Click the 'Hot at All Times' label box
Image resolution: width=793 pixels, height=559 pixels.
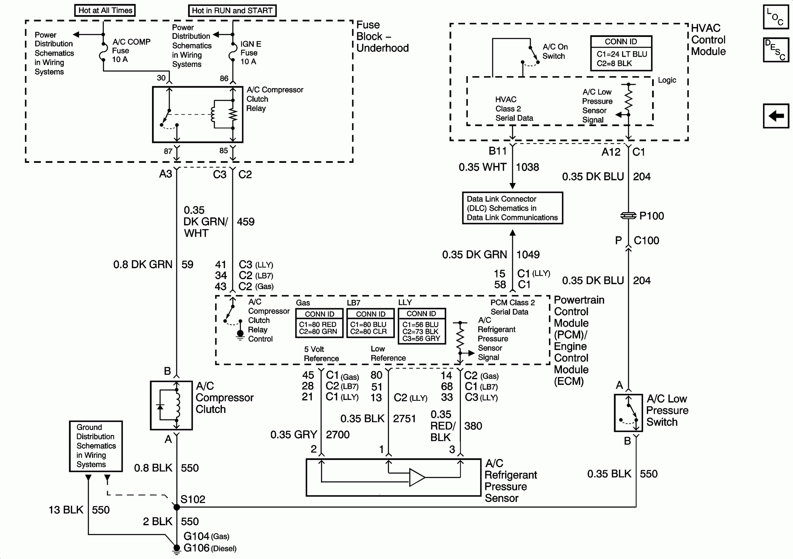pyautogui.click(x=105, y=10)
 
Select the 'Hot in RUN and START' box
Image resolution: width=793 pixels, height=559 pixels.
pyautogui.click(x=232, y=11)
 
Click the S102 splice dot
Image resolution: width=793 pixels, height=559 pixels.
pyautogui.click(x=177, y=507)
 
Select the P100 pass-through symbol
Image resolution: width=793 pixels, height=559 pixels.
pyautogui.click(x=628, y=216)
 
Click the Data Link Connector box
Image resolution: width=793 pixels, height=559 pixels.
pyautogui.click(x=512, y=208)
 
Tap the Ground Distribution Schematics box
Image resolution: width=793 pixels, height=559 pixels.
pyautogui.click(x=96, y=446)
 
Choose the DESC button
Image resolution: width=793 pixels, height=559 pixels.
pyautogui.click(x=776, y=50)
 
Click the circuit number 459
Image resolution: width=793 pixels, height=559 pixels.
pyautogui.click(x=246, y=222)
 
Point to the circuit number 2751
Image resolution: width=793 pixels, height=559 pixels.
pyautogui.click(x=404, y=419)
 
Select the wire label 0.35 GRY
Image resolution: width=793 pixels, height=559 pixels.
pyautogui.click(x=294, y=435)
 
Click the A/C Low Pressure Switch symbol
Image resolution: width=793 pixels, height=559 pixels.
pyautogui.click(x=628, y=413)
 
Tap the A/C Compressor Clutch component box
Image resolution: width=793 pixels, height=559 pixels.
pyautogui.click(x=171, y=405)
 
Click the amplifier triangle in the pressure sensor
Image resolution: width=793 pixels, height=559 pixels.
pyautogui.click(x=417, y=477)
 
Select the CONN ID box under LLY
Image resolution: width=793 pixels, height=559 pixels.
pyautogui.click(x=422, y=326)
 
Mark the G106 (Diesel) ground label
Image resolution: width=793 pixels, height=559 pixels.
pyautogui.click(x=209, y=548)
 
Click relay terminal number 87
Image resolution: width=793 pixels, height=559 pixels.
pyautogui.click(x=168, y=151)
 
